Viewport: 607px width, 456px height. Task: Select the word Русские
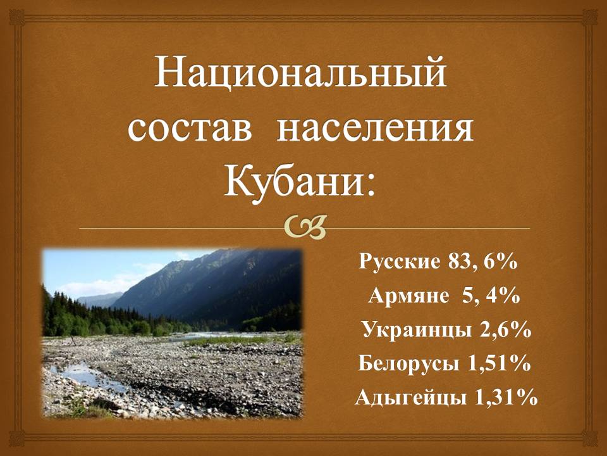click(400, 262)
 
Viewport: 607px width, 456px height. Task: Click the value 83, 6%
click(482, 262)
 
